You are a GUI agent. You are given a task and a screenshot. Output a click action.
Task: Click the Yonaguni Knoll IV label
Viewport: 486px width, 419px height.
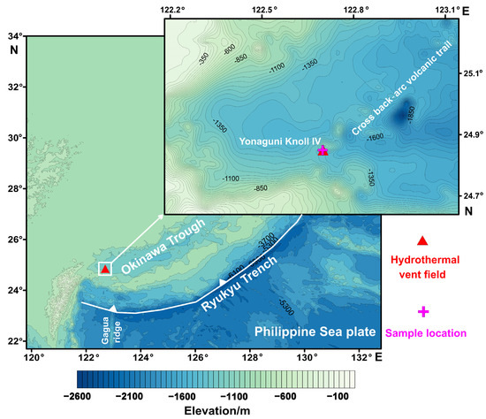click(272, 140)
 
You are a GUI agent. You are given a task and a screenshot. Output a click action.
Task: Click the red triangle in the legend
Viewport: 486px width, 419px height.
click(422, 240)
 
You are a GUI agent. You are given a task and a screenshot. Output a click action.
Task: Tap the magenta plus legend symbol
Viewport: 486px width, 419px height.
click(422, 311)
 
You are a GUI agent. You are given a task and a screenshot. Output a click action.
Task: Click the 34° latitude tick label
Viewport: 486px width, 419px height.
click(12, 36)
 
